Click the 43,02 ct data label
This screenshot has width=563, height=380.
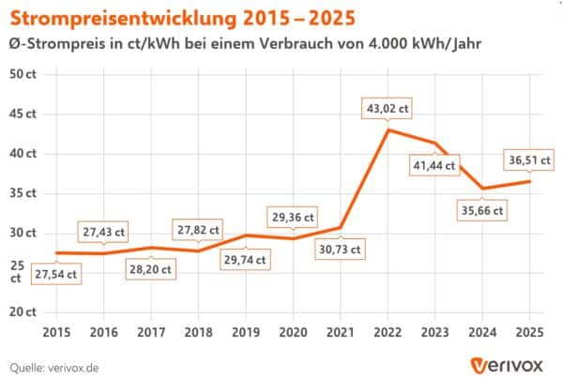point(388,109)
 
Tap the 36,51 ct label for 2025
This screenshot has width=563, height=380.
point(529,160)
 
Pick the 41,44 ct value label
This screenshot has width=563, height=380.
point(434,166)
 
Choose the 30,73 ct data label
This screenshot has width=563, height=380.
point(340,250)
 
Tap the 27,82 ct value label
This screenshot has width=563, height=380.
point(198,229)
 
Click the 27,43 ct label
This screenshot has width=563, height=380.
point(104,231)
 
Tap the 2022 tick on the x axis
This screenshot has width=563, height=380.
point(388,331)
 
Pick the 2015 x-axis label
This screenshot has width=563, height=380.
point(57,331)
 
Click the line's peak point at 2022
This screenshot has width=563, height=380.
point(388,129)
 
